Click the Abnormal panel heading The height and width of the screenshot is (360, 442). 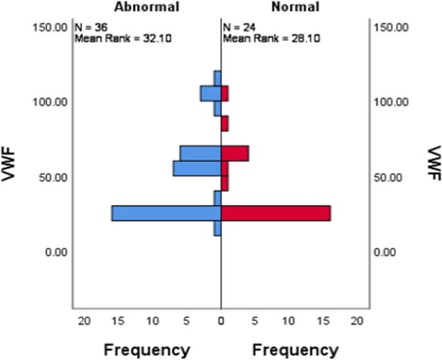coord(146,6)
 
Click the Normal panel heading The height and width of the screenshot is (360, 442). coord(295,6)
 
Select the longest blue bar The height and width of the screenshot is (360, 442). coord(166,213)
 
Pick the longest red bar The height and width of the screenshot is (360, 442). coord(276,213)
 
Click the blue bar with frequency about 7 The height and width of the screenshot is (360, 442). coord(197,168)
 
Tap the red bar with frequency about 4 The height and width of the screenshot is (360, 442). coord(235,154)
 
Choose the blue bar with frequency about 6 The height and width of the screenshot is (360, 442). coord(200,154)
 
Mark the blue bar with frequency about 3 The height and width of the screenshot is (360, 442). coord(210,94)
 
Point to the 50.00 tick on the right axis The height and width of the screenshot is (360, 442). coord(392,177)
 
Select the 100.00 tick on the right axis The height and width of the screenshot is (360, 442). coord(392,102)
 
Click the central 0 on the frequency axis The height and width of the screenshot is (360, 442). coord(221,321)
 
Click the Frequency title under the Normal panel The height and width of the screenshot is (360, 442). coord(295,350)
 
